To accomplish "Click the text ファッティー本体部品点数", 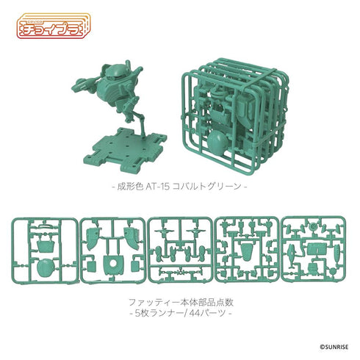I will coord(180,300).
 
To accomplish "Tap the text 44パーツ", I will coord(208,314).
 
